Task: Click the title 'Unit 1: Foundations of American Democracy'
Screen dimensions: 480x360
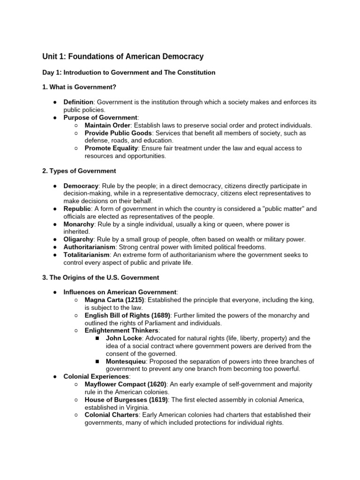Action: click(x=123, y=57)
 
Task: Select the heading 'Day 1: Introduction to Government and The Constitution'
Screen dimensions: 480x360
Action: click(x=129, y=73)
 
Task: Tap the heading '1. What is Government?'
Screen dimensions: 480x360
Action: click(x=79, y=87)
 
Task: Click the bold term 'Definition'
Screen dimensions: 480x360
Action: click(x=78, y=102)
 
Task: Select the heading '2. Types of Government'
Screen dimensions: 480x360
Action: click(x=79, y=171)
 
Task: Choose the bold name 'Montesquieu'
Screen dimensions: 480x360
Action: click(x=125, y=361)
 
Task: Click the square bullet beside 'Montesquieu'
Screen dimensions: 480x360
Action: click(x=97, y=361)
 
